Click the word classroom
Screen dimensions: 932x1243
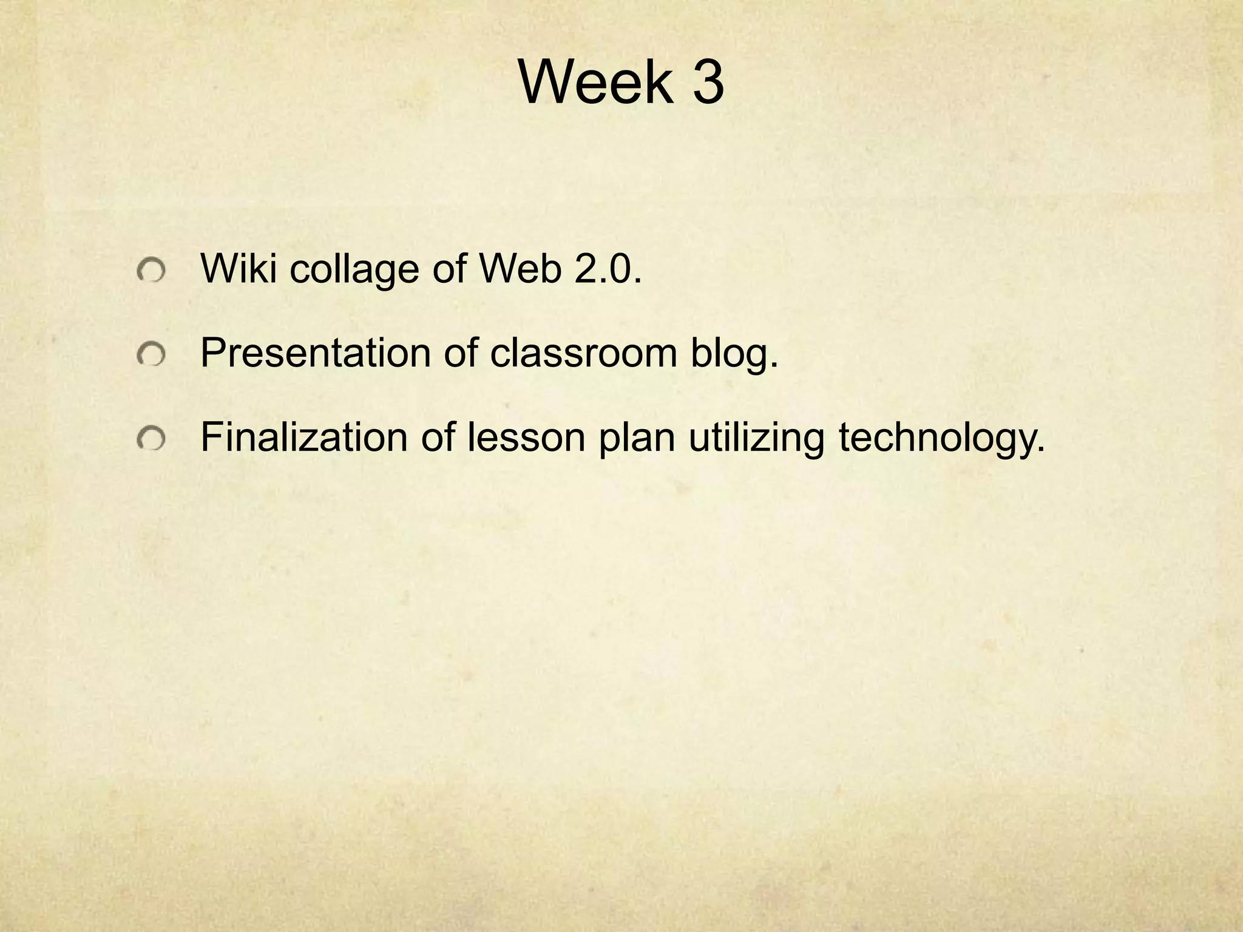click(583, 353)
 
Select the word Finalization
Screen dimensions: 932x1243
click(304, 437)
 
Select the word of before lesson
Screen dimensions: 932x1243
click(438, 437)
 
